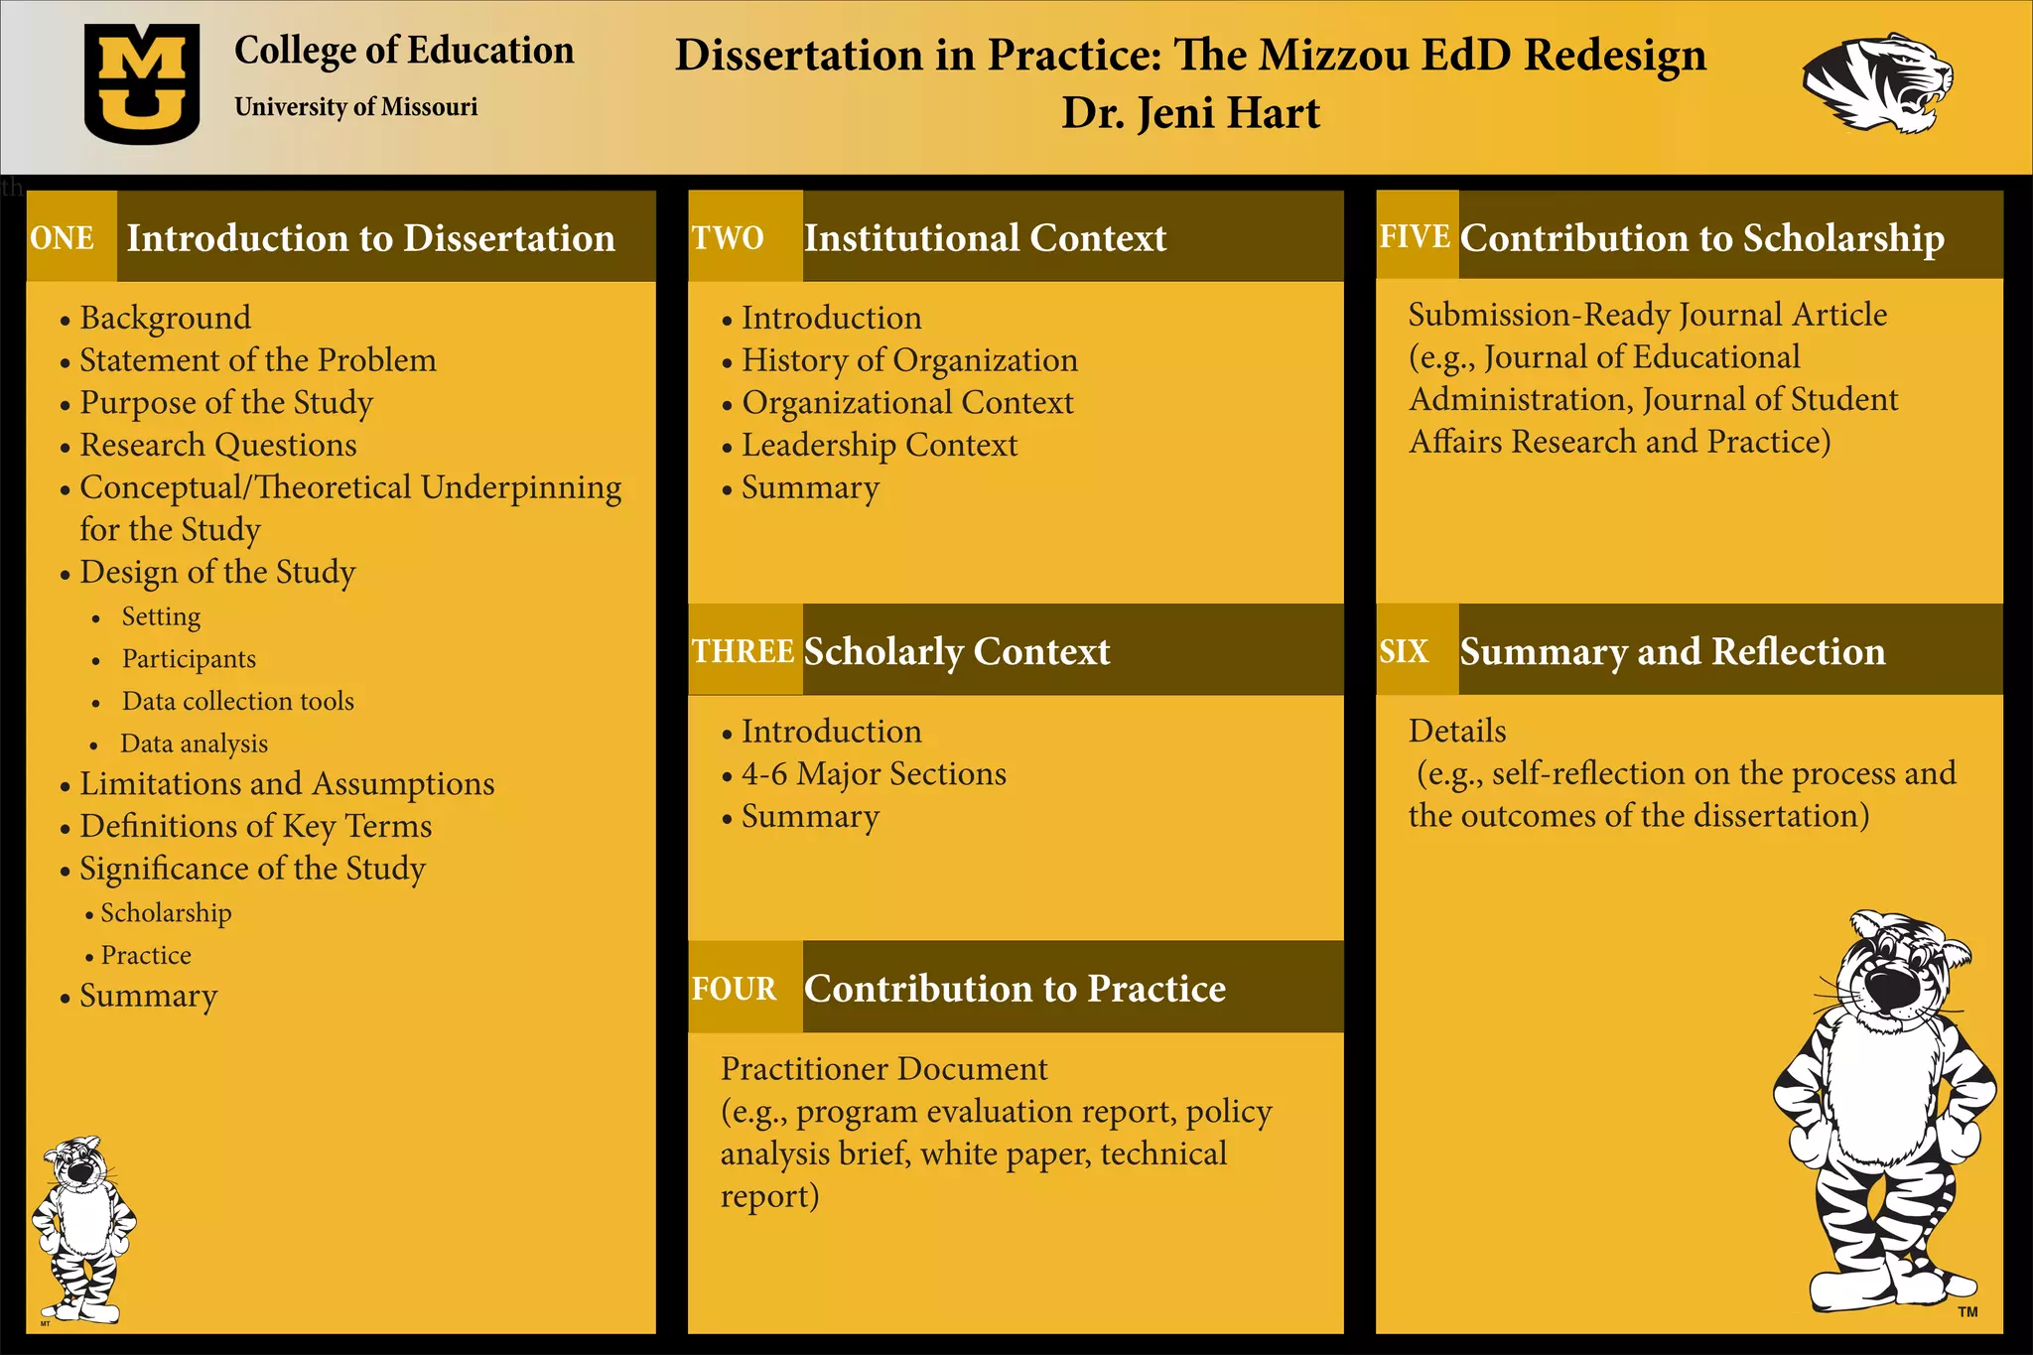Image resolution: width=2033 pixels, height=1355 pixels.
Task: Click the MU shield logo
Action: coord(142,84)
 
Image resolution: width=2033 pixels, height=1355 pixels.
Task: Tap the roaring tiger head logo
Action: coord(1876,83)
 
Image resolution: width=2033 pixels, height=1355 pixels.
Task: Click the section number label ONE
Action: coord(63,238)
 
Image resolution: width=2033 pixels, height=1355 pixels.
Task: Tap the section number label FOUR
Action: coord(735,989)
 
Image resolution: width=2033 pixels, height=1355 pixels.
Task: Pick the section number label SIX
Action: coord(1404,651)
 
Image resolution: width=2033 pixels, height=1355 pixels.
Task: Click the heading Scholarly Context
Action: coord(957,651)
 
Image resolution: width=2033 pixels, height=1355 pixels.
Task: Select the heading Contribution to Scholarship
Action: coord(1701,238)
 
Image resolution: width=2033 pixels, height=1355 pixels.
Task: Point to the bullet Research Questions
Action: coord(218,445)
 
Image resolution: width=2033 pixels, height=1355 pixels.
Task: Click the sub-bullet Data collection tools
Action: coord(237,701)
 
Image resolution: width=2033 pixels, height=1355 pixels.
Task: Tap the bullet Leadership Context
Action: coord(880,445)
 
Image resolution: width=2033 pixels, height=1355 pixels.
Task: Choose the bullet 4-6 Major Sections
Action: coord(874,773)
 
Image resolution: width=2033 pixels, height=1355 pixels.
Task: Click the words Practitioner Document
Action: coord(883,1068)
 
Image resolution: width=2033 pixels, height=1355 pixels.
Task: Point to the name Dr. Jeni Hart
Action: coord(1190,113)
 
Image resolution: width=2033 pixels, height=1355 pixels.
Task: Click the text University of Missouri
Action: coord(355,106)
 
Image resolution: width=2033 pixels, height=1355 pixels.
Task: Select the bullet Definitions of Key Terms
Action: coord(255,826)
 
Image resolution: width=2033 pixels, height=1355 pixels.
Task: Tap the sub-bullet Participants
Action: coord(189,659)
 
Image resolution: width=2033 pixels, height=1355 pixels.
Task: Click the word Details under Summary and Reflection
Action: coord(1456,731)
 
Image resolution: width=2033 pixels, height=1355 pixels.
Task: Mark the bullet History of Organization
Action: coord(909,360)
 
